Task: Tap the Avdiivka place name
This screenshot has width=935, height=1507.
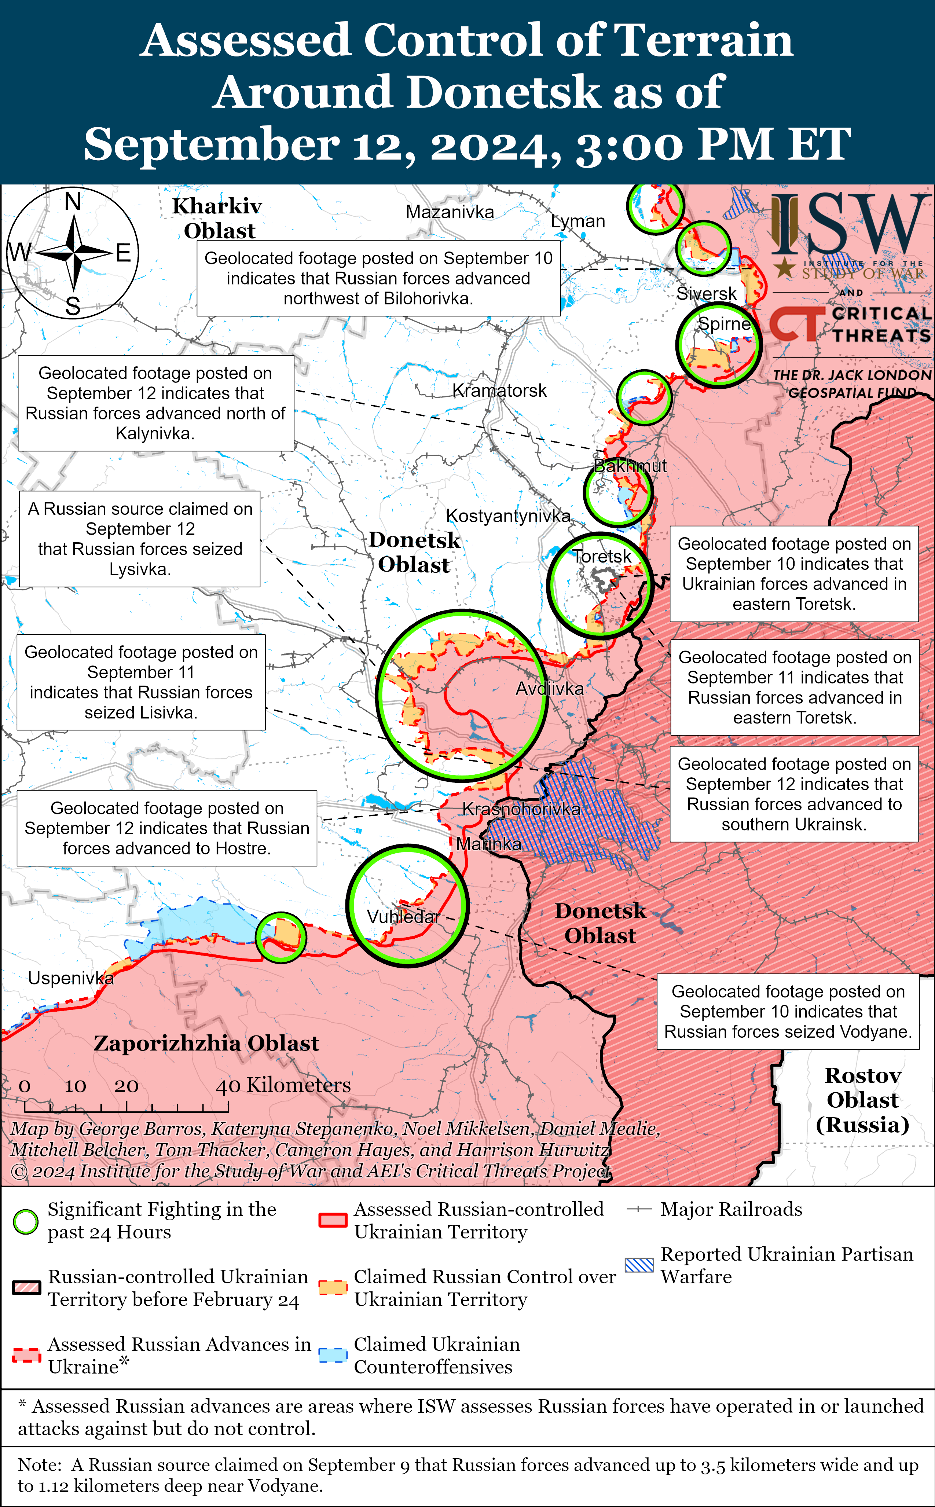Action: tap(549, 688)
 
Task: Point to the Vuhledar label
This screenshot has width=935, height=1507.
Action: tap(403, 916)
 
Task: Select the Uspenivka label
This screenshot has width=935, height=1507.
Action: tap(70, 978)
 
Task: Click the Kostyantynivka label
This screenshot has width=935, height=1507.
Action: tap(508, 516)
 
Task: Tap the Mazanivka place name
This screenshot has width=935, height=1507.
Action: tap(450, 212)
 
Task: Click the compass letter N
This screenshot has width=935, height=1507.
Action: tap(73, 202)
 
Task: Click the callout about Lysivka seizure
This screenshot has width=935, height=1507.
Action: tap(140, 539)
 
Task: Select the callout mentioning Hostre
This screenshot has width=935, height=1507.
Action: tap(166, 828)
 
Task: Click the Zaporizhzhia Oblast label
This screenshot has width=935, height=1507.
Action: tap(206, 1044)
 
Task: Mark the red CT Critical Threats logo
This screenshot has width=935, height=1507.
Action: tap(796, 324)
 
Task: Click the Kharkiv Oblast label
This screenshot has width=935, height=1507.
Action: tap(218, 218)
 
